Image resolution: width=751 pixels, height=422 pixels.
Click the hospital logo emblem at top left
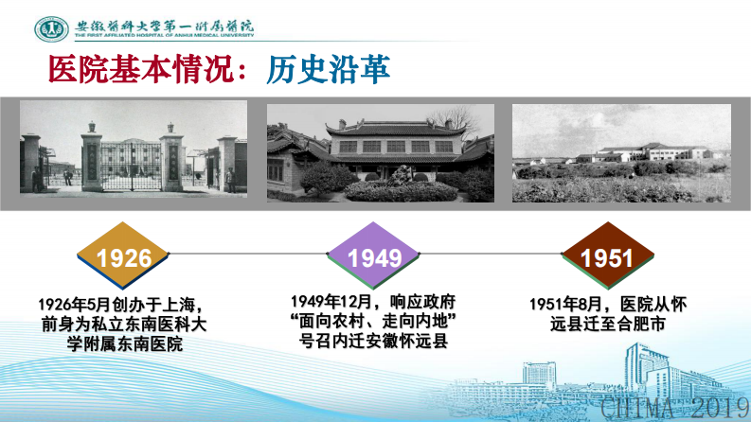51,29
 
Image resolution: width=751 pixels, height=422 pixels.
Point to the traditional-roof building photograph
380,152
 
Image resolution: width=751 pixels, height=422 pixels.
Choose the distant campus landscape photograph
621,152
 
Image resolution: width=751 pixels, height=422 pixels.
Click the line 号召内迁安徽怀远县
375,341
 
